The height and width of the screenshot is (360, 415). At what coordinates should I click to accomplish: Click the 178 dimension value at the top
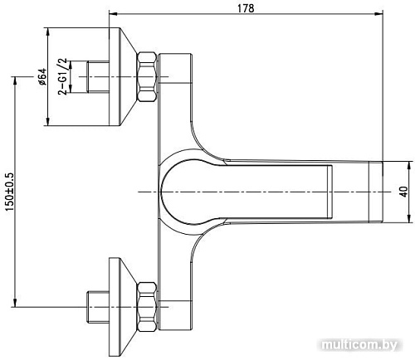click(x=245, y=7)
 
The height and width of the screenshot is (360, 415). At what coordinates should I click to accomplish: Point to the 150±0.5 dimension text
click(x=7, y=192)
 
